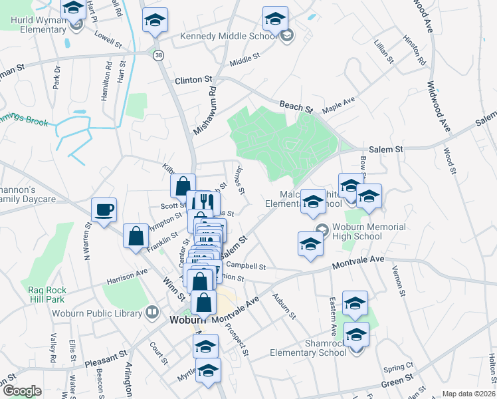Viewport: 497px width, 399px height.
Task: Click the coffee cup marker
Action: point(104,210)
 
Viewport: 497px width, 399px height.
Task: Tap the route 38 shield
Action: point(158,56)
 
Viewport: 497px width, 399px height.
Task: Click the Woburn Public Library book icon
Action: point(152,312)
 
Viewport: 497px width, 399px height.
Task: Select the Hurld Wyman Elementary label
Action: point(38,25)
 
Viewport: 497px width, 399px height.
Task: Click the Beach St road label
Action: point(296,106)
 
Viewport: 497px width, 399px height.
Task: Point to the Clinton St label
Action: point(193,80)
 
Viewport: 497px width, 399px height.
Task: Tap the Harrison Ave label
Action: point(127,276)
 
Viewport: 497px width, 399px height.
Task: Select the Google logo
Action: point(22,391)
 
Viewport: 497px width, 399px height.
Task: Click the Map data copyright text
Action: point(469,394)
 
